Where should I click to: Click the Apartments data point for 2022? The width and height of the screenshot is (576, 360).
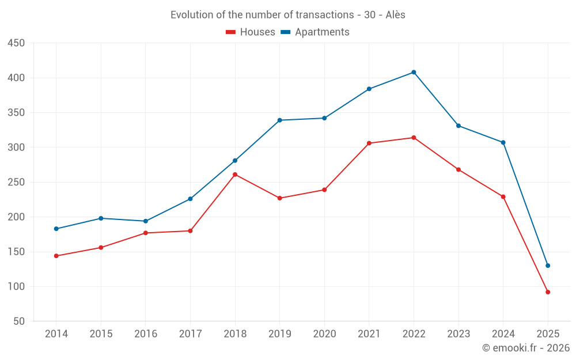[x=414, y=73]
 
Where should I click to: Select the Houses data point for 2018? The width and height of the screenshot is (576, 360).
[x=235, y=175]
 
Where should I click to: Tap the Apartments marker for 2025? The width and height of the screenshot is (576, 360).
[x=548, y=266]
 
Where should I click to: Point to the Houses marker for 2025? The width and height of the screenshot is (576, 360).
[x=548, y=292]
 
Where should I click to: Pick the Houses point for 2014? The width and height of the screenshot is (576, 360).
[x=56, y=256]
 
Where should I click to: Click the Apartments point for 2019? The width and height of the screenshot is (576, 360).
[x=280, y=120]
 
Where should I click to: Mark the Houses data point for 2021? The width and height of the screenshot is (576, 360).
[x=369, y=143]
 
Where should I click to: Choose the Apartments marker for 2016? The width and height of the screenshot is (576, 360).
[x=146, y=221]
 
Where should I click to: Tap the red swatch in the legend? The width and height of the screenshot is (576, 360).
[x=231, y=32]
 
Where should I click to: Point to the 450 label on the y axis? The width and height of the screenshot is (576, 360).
[x=16, y=43]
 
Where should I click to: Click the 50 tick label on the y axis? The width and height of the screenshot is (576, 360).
[x=19, y=321]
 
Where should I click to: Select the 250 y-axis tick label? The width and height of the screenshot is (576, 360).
[x=16, y=182]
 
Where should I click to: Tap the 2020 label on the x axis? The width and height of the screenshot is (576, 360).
[x=324, y=334]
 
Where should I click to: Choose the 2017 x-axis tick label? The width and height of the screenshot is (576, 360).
[x=190, y=334]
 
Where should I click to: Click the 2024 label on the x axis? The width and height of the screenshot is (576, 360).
[x=503, y=334]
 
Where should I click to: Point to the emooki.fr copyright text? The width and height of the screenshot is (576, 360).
[x=526, y=348]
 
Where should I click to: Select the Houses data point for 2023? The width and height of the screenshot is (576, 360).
[x=458, y=170]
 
